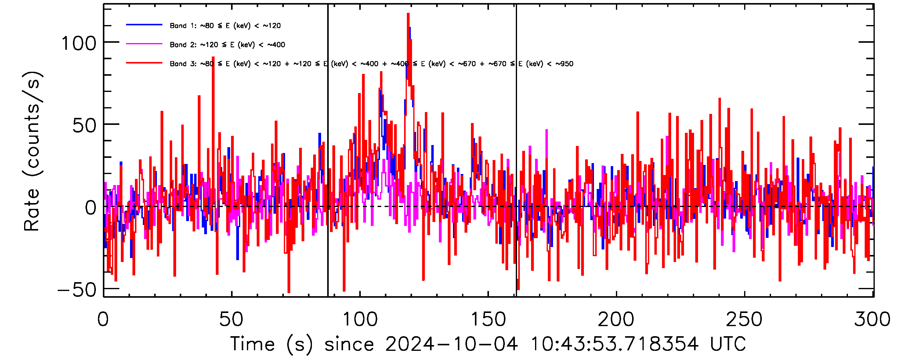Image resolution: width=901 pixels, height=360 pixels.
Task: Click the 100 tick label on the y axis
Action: pyautogui.click(x=78, y=44)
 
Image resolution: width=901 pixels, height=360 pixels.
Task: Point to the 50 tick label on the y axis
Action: pyautogui.click(x=84, y=125)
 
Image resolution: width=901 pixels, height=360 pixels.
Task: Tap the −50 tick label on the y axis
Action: pyautogui.click(x=77, y=290)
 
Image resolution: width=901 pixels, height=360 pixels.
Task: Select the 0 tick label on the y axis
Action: pyautogui.click(x=91, y=208)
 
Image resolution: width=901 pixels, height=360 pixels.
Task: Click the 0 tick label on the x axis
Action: pyautogui.click(x=103, y=319)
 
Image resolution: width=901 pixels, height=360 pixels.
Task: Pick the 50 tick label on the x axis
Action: pyautogui.click(x=231, y=319)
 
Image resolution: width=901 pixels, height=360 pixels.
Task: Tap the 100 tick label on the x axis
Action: pyautogui.click(x=360, y=319)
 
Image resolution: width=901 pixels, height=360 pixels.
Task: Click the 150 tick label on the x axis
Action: pyautogui.click(x=488, y=319)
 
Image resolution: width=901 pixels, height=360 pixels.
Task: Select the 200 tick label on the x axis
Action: pyautogui.click(x=616, y=319)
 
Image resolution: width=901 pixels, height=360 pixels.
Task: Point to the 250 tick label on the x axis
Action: pyautogui.click(x=744, y=319)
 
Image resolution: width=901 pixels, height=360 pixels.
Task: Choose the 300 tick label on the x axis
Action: pyautogui.click(x=872, y=319)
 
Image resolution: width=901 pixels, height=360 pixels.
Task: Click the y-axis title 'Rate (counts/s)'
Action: pyautogui.click(x=32, y=151)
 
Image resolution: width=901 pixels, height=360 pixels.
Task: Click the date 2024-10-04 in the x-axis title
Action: pyautogui.click(x=451, y=344)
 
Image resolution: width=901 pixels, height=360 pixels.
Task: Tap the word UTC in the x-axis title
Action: pyautogui.click(x=728, y=344)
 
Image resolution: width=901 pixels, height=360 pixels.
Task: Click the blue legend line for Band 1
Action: pyautogui.click(x=144, y=25)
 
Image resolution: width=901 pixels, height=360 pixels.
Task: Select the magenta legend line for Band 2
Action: pyautogui.click(x=144, y=44)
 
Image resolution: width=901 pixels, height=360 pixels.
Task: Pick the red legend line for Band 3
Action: pyautogui.click(x=144, y=63)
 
